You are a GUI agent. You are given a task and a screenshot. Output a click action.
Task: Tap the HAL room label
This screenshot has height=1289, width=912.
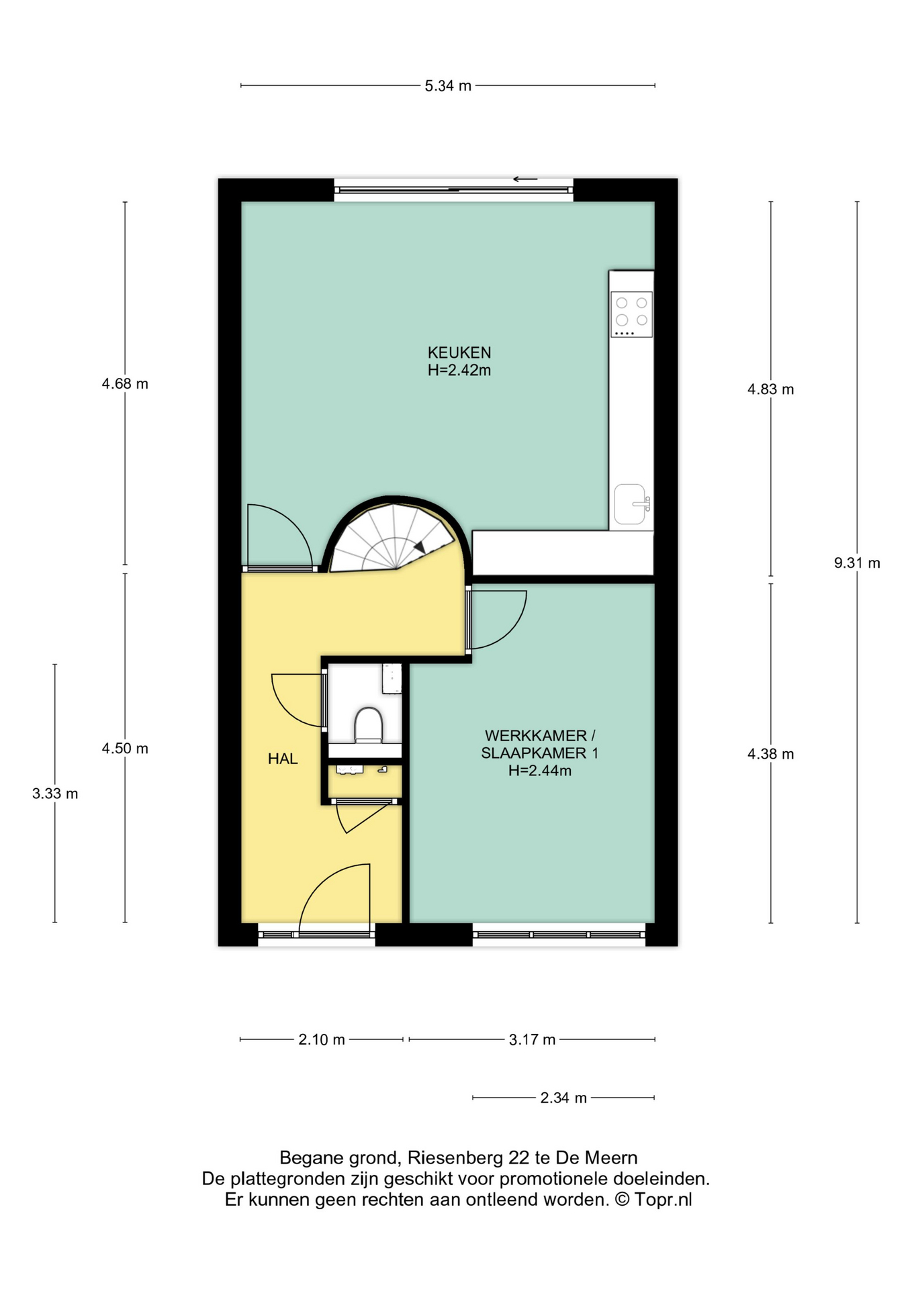pyautogui.click(x=282, y=759)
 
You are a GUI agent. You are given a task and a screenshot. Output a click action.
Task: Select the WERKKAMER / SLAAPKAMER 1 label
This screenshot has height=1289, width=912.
pyautogui.click(x=539, y=753)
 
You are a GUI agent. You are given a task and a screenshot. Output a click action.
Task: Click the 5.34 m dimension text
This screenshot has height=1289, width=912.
pyautogui.click(x=448, y=86)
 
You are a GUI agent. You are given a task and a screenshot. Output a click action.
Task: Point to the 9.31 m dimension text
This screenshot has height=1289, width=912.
pyautogui.click(x=857, y=563)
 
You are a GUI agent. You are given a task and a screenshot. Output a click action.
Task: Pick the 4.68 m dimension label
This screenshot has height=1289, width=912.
pyautogui.click(x=125, y=384)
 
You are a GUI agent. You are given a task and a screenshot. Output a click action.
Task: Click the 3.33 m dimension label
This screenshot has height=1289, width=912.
pyautogui.click(x=55, y=794)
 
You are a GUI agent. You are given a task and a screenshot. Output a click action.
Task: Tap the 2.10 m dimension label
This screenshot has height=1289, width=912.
pyautogui.click(x=322, y=1040)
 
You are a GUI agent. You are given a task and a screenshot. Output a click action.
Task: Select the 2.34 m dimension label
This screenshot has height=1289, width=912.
pyautogui.click(x=563, y=1098)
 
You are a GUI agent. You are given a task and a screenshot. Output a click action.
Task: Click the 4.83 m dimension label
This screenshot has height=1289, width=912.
pyautogui.click(x=771, y=389)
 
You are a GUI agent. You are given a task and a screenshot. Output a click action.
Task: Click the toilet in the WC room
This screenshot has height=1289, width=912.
pyautogui.click(x=368, y=725)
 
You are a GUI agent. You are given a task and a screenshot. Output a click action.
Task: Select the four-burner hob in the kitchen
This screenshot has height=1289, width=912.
pyautogui.click(x=631, y=314)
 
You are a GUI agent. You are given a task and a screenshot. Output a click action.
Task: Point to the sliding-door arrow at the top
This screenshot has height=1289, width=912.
pyautogui.click(x=525, y=179)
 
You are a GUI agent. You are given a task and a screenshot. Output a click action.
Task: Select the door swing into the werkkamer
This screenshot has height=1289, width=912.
pyautogui.click(x=514, y=628)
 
